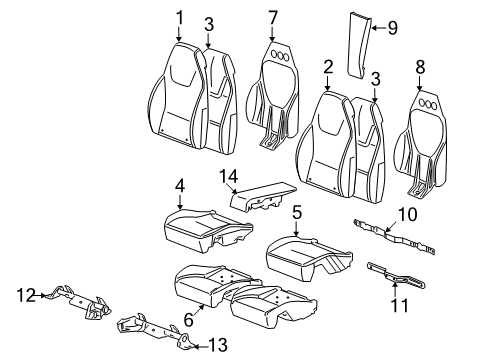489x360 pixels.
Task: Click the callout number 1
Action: pos(179,17)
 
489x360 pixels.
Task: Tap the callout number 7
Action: pos(273,17)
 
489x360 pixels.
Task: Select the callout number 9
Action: pos(391,28)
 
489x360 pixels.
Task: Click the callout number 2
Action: pos(327,66)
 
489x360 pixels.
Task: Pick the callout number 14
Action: pos(231,176)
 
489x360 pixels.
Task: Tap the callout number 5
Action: pos(297,212)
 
